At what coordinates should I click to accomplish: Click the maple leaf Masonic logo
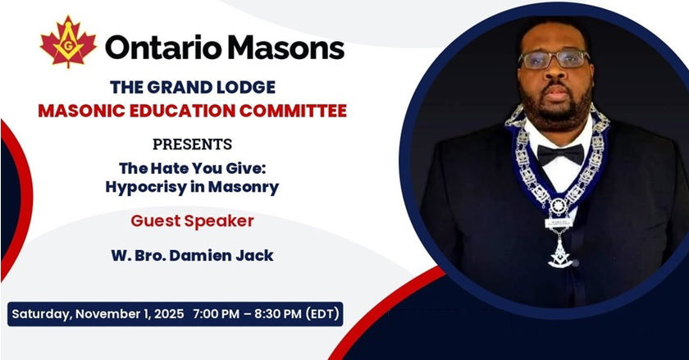68,42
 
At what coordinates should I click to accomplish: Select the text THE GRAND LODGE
193,87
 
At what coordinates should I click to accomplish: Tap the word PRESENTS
193,144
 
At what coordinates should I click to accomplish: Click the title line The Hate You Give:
193,168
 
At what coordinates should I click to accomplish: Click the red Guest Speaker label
193,221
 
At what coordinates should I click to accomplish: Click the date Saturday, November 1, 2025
98,314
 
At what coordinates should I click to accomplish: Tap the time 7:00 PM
217,314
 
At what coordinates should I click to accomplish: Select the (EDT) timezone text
322,314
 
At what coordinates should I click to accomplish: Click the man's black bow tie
561,154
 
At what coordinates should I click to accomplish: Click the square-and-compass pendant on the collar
560,253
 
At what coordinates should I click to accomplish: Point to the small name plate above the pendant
559,223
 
